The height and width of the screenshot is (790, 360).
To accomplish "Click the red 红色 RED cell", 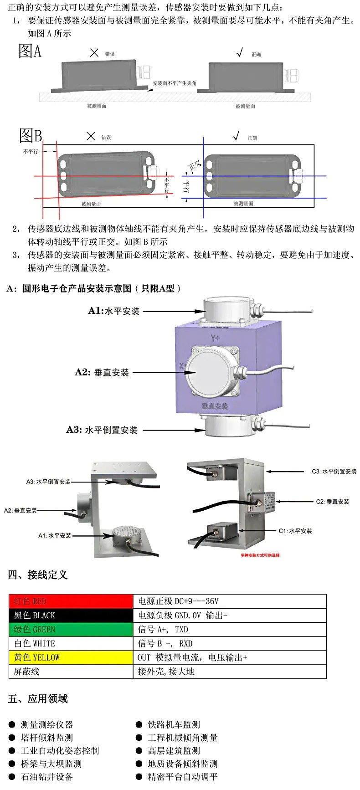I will [x=71, y=601].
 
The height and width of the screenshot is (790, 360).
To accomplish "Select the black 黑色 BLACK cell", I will [x=71, y=616].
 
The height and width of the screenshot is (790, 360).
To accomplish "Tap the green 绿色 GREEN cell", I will [x=71, y=630].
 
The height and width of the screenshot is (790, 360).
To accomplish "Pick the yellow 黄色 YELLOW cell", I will [x=71, y=657].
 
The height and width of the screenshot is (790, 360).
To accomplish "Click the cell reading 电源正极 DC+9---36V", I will [x=229, y=601].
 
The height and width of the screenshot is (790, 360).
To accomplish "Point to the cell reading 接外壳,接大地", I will [x=229, y=672].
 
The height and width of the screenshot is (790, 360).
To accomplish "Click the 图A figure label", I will [x=30, y=51].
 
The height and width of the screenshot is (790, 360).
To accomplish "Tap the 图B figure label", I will [x=31, y=135].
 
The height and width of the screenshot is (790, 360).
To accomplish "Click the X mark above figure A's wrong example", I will [x=94, y=53].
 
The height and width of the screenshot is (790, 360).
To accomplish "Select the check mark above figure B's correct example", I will [x=236, y=136].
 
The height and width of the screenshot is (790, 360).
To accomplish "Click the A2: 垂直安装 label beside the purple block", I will [x=102, y=373].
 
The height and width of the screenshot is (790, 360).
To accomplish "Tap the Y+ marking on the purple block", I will [x=215, y=338].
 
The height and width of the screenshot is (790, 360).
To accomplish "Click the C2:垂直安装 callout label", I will [x=332, y=502].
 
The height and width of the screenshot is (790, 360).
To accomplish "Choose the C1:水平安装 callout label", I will [x=295, y=531].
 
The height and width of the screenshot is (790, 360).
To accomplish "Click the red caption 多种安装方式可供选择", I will [x=260, y=555].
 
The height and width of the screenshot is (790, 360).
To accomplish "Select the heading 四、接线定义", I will [x=37, y=575].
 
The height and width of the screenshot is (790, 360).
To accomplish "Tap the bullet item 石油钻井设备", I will [x=46, y=777].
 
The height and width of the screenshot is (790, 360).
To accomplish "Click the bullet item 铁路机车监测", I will [x=174, y=724].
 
